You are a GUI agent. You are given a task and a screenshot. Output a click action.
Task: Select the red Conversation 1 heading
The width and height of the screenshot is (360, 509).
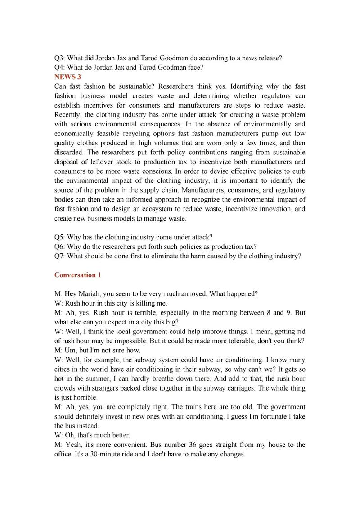75,275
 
